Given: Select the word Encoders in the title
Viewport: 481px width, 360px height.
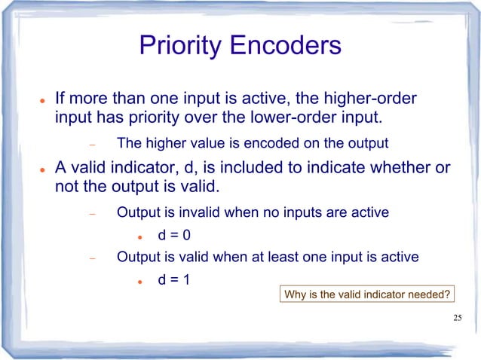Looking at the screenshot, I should (286, 47).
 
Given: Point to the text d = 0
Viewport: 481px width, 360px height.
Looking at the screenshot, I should (173, 235).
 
